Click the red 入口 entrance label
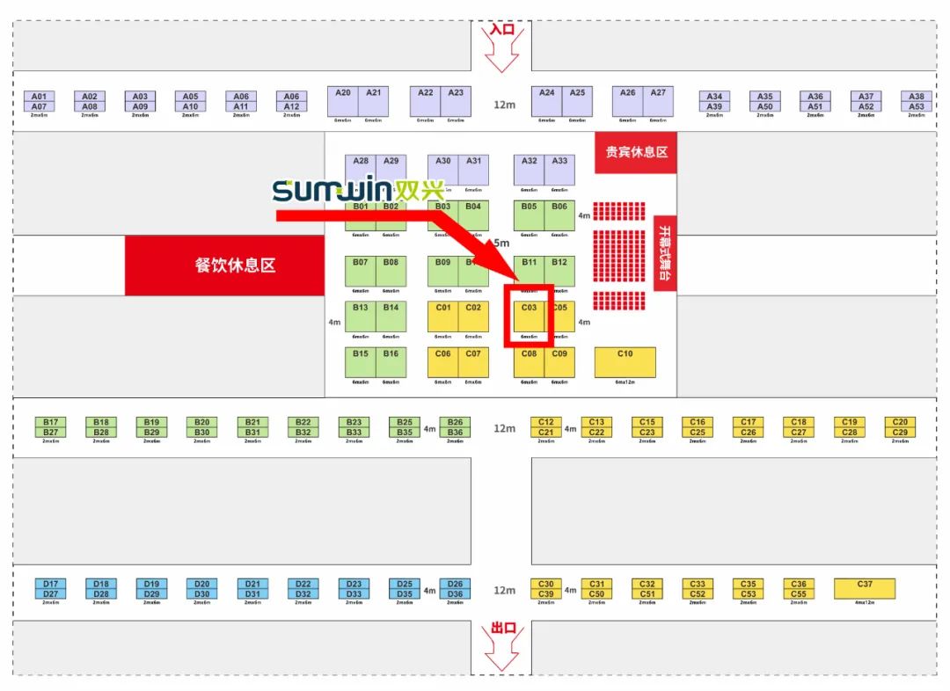(502, 29)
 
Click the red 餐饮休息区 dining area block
(225, 265)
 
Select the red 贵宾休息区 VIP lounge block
(636, 151)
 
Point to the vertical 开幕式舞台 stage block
(664, 253)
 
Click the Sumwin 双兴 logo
(358, 190)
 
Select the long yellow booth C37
(865, 588)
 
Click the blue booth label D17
(50, 584)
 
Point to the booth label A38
(917, 97)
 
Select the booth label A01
(39, 97)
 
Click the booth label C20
(900, 422)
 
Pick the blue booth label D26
(455, 584)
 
